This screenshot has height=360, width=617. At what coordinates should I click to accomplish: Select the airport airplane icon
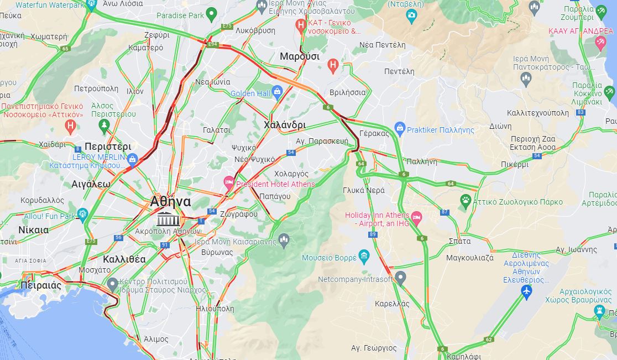pyautogui.click(x=526, y=291)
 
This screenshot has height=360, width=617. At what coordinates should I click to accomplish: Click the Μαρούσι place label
pyautogui.click(x=299, y=56)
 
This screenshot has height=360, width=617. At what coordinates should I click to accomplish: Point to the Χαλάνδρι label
pyautogui.click(x=285, y=125)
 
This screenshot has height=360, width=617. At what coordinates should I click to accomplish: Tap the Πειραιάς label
pyautogui.click(x=40, y=285)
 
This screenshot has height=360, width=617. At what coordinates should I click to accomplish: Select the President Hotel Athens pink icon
pyautogui.click(x=228, y=182)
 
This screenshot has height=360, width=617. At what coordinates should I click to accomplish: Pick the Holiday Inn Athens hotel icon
pyautogui.click(x=416, y=216)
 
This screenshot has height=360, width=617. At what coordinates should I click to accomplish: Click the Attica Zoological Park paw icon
pyautogui.click(x=466, y=200)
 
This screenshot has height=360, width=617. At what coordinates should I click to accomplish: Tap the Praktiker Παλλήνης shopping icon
pyautogui.click(x=400, y=129)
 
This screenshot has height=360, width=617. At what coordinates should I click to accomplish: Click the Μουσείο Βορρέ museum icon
pyautogui.click(x=363, y=256)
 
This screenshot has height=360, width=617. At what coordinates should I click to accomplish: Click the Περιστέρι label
pyautogui.click(x=108, y=147)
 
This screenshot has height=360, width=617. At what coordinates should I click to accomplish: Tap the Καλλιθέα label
pyautogui.click(x=124, y=259)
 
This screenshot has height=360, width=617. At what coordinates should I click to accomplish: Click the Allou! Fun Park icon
pyautogui.click(x=83, y=214)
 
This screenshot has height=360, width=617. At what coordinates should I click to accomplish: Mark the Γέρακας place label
pyautogui.click(x=371, y=133)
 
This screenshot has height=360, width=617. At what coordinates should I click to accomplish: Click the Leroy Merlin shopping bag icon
pyautogui.click(x=132, y=160)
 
